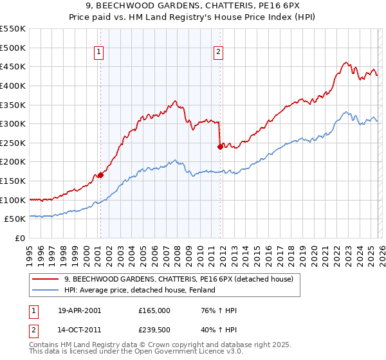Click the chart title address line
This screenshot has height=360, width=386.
pos(192,6)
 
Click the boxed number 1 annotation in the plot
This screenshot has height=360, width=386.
pos(100,53)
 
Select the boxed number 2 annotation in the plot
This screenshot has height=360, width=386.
pos(219,53)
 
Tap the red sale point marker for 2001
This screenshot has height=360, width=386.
pos(100,175)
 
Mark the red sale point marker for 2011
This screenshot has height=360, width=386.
pos(220,147)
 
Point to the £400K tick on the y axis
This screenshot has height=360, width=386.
pos(12,85)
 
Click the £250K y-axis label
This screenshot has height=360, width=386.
pos(12,143)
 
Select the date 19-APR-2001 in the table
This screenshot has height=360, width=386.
pos(79,310)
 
